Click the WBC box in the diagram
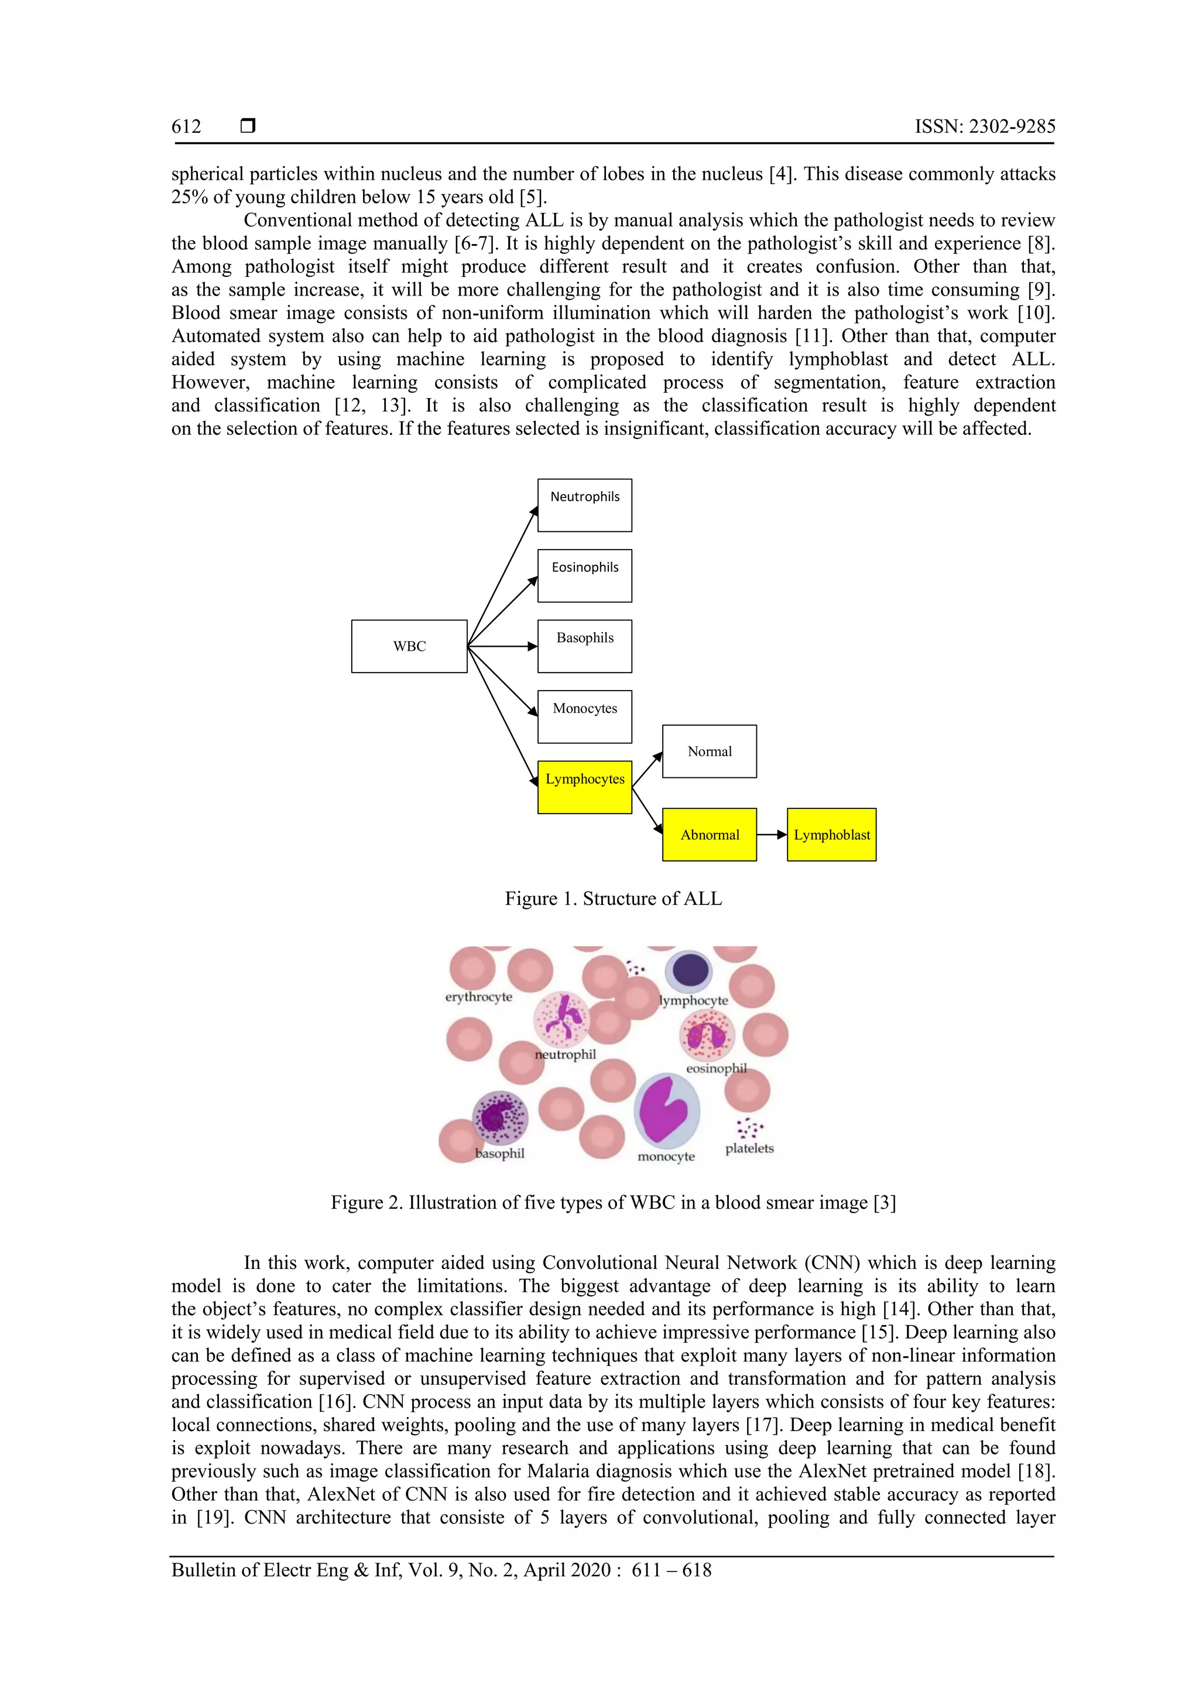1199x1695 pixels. pos(409,646)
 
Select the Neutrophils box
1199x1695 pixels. pos(584,505)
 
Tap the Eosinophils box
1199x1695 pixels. pos(584,575)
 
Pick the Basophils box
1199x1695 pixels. pos(584,646)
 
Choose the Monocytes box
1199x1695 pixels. pos(584,716)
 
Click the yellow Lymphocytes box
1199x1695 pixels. pos(584,787)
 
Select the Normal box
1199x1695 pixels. pos(709,751)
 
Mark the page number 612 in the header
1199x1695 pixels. pos(186,127)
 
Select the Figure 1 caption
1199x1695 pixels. pos(613,898)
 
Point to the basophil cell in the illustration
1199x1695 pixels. pos(500,1117)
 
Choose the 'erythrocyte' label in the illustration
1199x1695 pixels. pos(478,997)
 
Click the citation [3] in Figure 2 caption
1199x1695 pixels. pos(884,1203)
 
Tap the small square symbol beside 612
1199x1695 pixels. pos(248,126)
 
